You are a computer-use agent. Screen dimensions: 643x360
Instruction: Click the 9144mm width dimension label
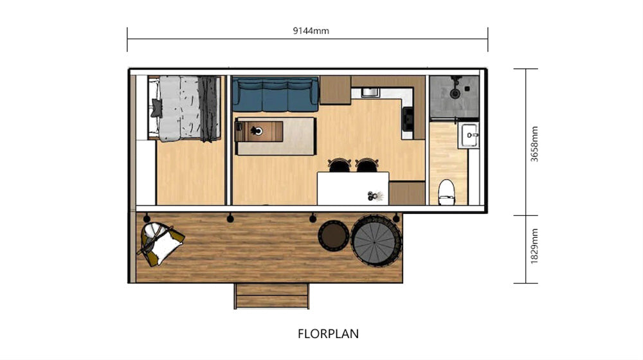(x=311, y=31)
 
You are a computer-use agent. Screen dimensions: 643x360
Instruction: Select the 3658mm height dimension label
(x=534, y=144)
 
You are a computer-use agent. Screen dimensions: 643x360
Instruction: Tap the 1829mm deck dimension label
(x=534, y=246)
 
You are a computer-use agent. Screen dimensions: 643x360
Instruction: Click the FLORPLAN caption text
(x=328, y=334)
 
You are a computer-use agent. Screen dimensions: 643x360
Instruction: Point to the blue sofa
(x=276, y=94)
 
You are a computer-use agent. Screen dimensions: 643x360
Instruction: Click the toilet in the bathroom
(x=446, y=192)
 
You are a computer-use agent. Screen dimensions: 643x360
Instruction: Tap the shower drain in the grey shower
(x=455, y=94)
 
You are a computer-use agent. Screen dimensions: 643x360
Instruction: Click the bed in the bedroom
(x=184, y=109)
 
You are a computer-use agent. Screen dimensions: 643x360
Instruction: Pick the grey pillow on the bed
(x=156, y=108)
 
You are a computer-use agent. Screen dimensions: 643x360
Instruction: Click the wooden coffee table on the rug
(x=258, y=131)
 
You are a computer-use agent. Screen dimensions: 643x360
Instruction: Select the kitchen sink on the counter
(x=370, y=93)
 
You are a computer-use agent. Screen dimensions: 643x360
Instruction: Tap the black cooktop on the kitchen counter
(x=408, y=119)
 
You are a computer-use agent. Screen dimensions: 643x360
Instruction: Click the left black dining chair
(x=340, y=165)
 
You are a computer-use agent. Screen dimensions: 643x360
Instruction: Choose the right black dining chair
(x=367, y=165)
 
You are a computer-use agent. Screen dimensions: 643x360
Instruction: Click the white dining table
(x=353, y=188)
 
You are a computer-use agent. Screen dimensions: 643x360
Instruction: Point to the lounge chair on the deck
(x=161, y=244)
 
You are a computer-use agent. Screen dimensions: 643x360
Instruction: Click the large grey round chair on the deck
(x=376, y=240)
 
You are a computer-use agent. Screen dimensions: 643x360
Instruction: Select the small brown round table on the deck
(x=333, y=236)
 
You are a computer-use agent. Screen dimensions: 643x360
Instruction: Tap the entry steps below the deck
(x=271, y=296)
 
